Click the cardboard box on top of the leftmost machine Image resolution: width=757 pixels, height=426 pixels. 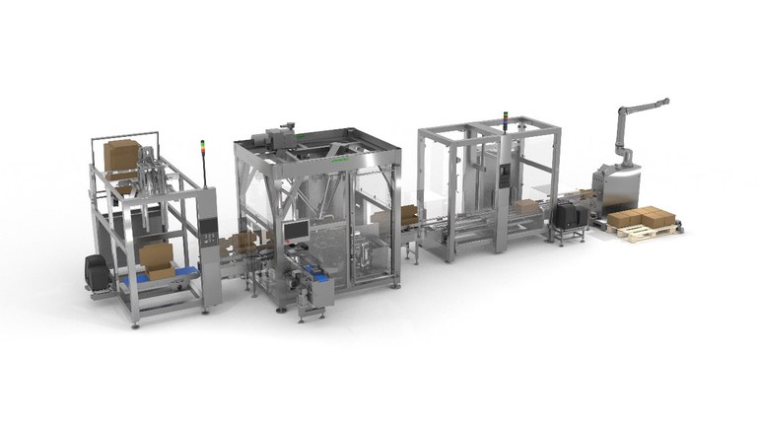click(122, 155)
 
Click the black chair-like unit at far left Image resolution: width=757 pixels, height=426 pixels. click(97, 272)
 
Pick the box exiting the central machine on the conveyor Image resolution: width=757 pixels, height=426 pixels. click(407, 213)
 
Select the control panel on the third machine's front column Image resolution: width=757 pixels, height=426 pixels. click(506, 177)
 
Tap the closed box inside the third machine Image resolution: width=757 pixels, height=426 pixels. click(527, 207)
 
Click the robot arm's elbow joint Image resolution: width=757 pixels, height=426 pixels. click(620, 111)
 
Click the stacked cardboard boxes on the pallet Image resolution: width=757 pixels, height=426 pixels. click(640, 217)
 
